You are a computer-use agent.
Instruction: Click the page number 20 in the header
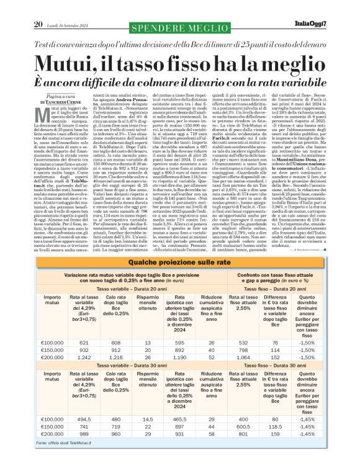tap(38, 7)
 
